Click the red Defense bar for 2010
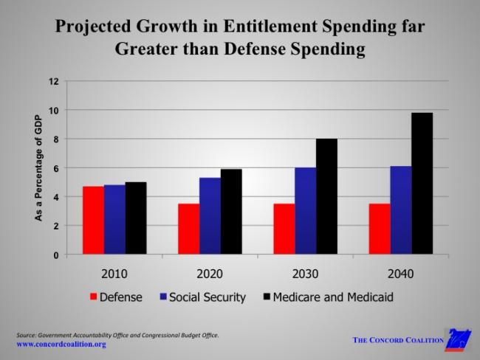coord(93,221)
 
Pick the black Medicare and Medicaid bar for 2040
coord(422,184)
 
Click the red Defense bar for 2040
coord(379,229)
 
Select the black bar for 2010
coord(136,218)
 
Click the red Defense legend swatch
coord(93,297)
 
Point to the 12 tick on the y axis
coord(53,81)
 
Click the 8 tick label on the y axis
coord(55,139)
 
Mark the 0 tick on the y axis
coord(55,255)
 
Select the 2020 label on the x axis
coord(210,274)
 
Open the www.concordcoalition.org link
coord(61,345)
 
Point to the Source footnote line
coord(117,335)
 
